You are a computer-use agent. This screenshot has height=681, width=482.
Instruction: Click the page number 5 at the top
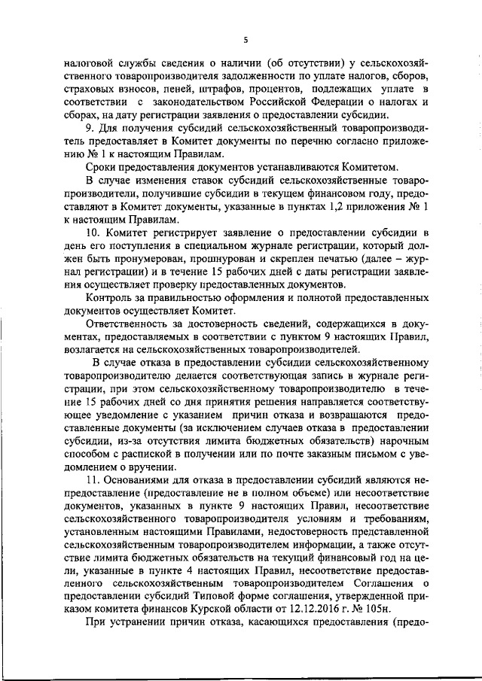[x=246, y=40]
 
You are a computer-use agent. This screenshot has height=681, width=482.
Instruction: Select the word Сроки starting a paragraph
[x=101, y=166]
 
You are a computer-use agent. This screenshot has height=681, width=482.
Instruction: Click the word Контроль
[x=109, y=297]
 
